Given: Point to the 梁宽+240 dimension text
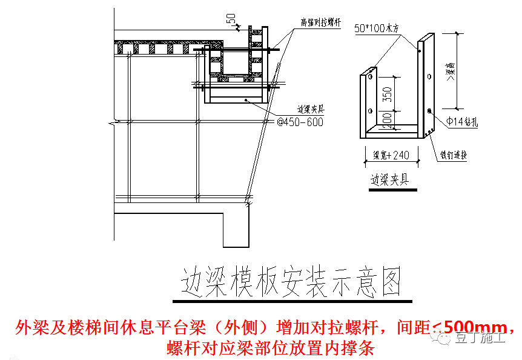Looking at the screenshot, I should tap(391, 155).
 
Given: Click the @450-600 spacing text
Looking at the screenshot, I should tap(300, 122).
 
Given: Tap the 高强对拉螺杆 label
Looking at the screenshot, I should tap(321, 22).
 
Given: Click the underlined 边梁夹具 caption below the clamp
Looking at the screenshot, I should tap(389, 180).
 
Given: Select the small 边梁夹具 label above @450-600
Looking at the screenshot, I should tap(310, 109).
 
